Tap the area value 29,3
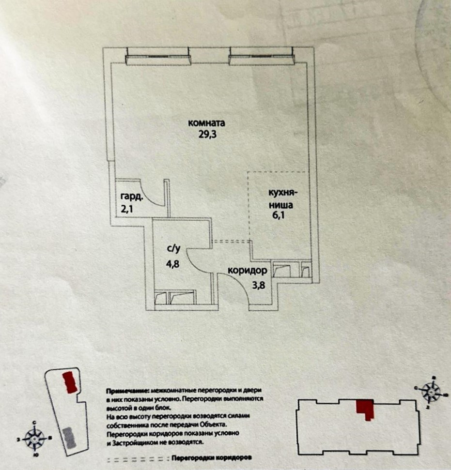coord(206,135)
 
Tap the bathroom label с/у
coord(174,249)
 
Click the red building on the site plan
coord(70,382)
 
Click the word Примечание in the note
coord(126,390)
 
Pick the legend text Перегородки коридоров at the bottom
coord(213,457)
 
